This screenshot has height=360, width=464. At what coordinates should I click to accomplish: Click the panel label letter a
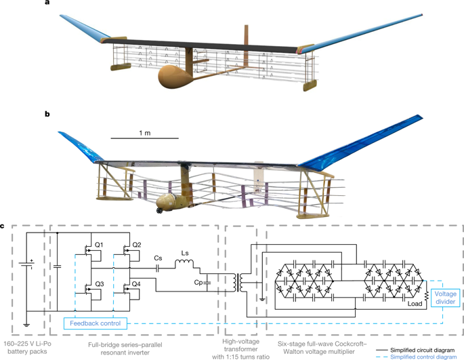pos(47,3)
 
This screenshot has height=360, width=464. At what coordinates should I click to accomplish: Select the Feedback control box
pos(94,323)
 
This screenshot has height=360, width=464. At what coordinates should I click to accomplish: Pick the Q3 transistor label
pos(99,284)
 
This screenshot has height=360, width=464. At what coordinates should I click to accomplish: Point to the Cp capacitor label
pos(198,281)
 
